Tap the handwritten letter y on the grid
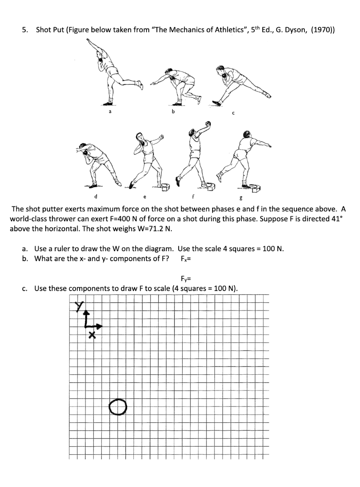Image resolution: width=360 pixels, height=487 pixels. pos(81,307)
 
